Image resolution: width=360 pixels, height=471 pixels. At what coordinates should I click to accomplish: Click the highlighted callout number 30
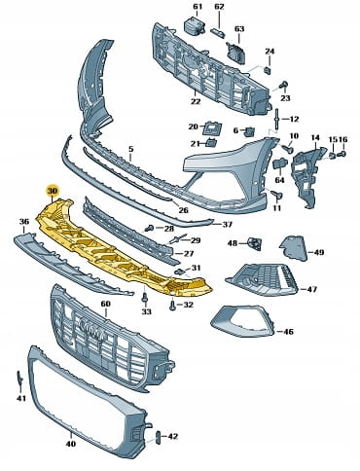click(52, 191)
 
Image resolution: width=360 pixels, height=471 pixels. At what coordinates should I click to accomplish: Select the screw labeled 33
click(146, 298)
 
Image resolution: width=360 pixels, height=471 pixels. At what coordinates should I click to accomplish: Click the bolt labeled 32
click(173, 305)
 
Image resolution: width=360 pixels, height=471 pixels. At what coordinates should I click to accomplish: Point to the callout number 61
click(198, 7)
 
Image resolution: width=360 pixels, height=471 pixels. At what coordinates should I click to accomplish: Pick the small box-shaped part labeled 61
click(194, 25)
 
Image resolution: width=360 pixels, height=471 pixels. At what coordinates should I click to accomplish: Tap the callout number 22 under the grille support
click(196, 101)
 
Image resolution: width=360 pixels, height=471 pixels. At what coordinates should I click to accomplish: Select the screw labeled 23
click(283, 85)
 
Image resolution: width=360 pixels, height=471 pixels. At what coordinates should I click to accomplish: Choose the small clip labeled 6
click(250, 131)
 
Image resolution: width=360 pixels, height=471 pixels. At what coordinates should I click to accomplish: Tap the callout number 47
click(312, 289)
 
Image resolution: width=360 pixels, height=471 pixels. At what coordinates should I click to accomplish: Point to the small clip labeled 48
click(255, 243)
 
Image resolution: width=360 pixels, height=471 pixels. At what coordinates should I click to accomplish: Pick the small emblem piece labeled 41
click(19, 379)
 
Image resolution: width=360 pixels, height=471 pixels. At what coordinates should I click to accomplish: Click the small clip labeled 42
click(159, 437)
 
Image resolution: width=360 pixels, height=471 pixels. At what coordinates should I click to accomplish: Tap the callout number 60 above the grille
click(105, 304)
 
